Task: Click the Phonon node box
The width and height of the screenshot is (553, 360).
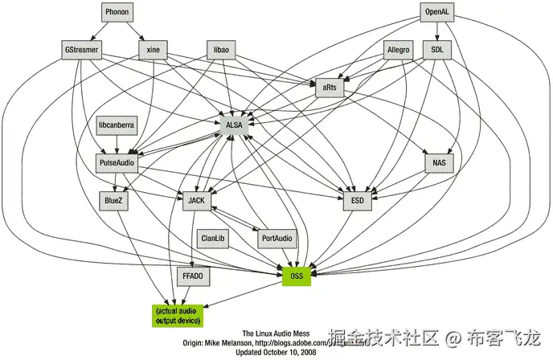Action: [117, 13]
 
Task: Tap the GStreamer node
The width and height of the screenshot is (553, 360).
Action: [83, 49]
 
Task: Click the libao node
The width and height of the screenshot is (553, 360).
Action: [220, 49]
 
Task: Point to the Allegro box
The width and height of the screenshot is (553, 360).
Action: [399, 49]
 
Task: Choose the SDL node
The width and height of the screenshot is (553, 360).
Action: [437, 49]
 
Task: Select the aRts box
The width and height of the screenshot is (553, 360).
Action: [330, 87]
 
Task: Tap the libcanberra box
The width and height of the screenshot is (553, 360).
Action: [117, 126]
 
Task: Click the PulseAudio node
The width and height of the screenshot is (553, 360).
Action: [117, 163]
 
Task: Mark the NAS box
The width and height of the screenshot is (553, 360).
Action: [439, 163]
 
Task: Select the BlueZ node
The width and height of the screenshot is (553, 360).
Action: [113, 200]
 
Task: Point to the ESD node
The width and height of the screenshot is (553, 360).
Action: [357, 200]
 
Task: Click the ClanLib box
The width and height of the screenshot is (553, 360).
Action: [213, 238]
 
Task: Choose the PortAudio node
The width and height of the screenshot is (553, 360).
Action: [276, 238]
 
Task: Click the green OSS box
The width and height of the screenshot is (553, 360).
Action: [296, 276]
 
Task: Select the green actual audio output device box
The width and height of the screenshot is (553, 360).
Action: [178, 314]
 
